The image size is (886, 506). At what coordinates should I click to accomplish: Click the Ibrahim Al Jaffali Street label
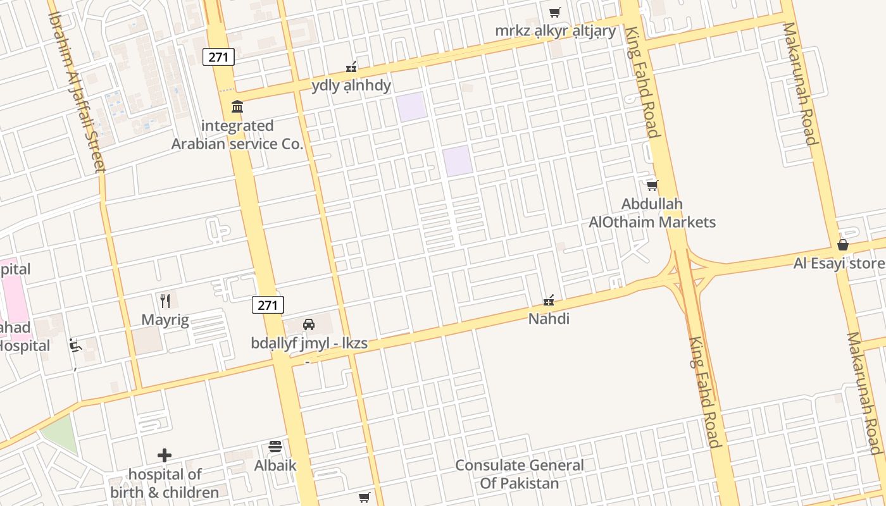(77, 92)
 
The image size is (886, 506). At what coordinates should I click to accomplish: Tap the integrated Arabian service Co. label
(237, 135)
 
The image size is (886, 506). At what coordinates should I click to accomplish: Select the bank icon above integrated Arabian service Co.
(237, 106)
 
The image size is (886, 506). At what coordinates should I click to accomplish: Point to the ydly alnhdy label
(351, 85)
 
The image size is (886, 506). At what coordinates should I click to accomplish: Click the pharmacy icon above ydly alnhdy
(351, 66)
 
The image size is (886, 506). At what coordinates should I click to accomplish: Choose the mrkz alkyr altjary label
(555, 31)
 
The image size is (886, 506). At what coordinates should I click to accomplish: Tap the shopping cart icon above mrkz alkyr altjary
(555, 12)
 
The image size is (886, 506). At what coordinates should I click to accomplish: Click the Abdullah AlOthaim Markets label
(652, 213)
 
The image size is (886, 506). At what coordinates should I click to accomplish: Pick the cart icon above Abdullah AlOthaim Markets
(652, 185)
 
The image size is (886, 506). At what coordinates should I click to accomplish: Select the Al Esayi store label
(839, 263)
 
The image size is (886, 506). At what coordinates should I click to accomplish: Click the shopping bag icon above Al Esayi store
(843, 245)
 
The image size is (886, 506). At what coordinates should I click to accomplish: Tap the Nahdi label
(549, 319)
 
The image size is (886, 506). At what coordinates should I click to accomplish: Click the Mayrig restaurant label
(165, 319)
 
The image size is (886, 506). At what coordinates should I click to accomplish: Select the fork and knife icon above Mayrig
(165, 300)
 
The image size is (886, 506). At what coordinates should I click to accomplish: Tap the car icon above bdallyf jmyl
(309, 324)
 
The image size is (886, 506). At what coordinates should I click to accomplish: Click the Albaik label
(275, 466)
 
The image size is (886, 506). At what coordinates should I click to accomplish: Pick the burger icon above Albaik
(275, 447)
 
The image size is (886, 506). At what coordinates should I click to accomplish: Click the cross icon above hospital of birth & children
(165, 455)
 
